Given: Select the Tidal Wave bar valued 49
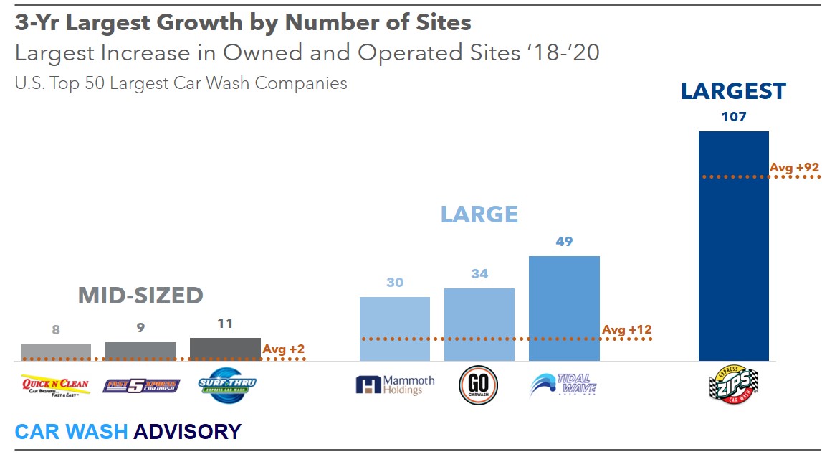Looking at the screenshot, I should point(564,308).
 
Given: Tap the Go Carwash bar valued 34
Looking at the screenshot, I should point(479,324).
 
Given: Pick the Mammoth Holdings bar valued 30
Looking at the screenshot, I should point(395,329).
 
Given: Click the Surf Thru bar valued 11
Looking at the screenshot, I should point(225,349).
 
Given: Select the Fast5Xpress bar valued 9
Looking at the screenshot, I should point(140,351).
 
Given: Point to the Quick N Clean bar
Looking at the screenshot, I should point(56,352).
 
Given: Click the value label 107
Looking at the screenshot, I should point(733,117).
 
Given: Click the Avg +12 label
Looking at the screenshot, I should point(627,330).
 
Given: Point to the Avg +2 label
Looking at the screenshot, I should point(284,349).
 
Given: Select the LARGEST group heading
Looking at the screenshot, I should point(733,91).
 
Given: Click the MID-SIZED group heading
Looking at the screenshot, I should point(140,296).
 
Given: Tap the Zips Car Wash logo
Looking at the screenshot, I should point(733,385).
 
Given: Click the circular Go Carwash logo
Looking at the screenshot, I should point(479,386).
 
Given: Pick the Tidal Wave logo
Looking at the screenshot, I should point(563,385).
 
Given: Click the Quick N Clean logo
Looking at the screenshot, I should point(55,385).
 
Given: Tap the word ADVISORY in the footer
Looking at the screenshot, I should point(187,431).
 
